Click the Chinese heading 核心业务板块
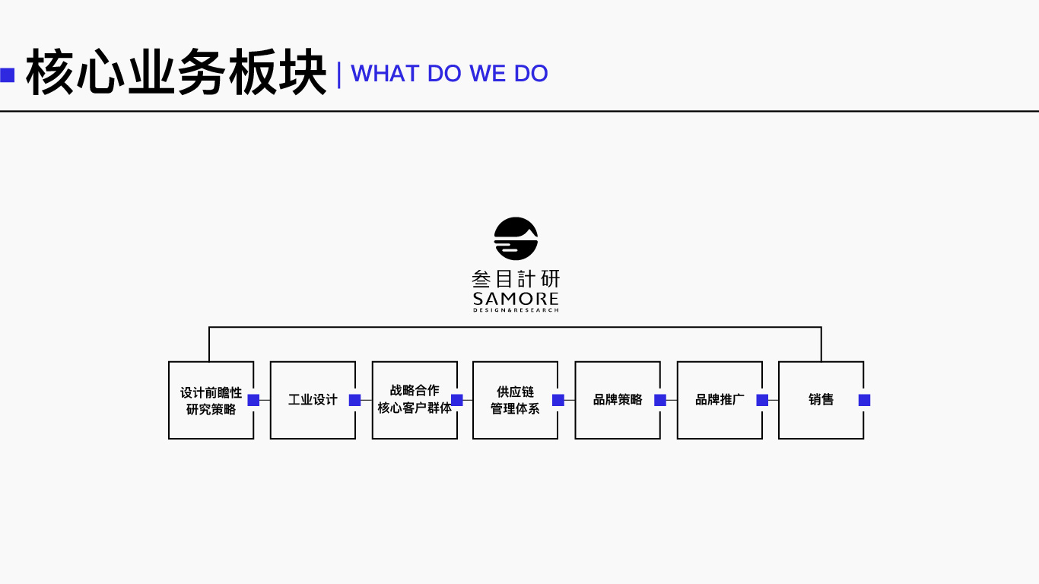176,73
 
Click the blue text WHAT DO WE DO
450,73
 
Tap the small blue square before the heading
8,75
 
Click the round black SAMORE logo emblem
516,239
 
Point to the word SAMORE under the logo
516,298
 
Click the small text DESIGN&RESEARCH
516,310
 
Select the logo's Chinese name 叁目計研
516,279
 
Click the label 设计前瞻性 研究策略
211,401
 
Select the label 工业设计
313,400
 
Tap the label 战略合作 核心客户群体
415,399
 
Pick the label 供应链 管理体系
515,400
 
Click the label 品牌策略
618,400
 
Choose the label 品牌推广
720,400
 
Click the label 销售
821,400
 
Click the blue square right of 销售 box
864,400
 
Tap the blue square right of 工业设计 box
354,400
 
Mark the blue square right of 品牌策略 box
660,400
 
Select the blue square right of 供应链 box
558,400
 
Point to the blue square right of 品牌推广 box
762,400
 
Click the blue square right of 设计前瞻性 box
253,400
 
